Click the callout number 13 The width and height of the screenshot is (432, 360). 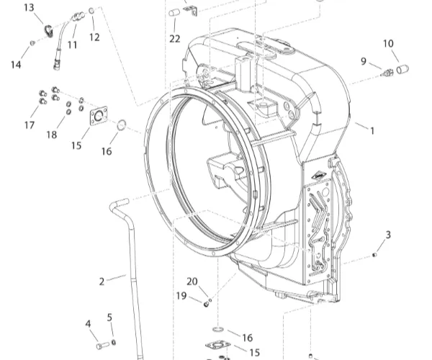pos(29,8)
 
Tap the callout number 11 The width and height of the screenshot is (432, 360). pos(72,45)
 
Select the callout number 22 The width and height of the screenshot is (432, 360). pos(175,38)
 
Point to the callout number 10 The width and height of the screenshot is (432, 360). pos(389,44)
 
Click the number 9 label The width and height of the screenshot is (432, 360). pos(364,60)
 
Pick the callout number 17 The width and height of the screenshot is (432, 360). pos(30,125)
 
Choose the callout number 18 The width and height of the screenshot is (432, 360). pos(52,135)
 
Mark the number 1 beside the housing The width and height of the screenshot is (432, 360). pos(372,131)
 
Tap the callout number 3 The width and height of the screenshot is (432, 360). pos(388,235)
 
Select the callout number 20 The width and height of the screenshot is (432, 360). pos(192,281)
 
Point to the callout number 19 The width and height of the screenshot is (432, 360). pos(181,296)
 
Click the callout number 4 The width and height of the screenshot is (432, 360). pos(88,324)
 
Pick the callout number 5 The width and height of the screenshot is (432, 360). pos(110,318)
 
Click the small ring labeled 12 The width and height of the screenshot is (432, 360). pos(92,11)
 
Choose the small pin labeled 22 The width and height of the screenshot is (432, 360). pos(174,13)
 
